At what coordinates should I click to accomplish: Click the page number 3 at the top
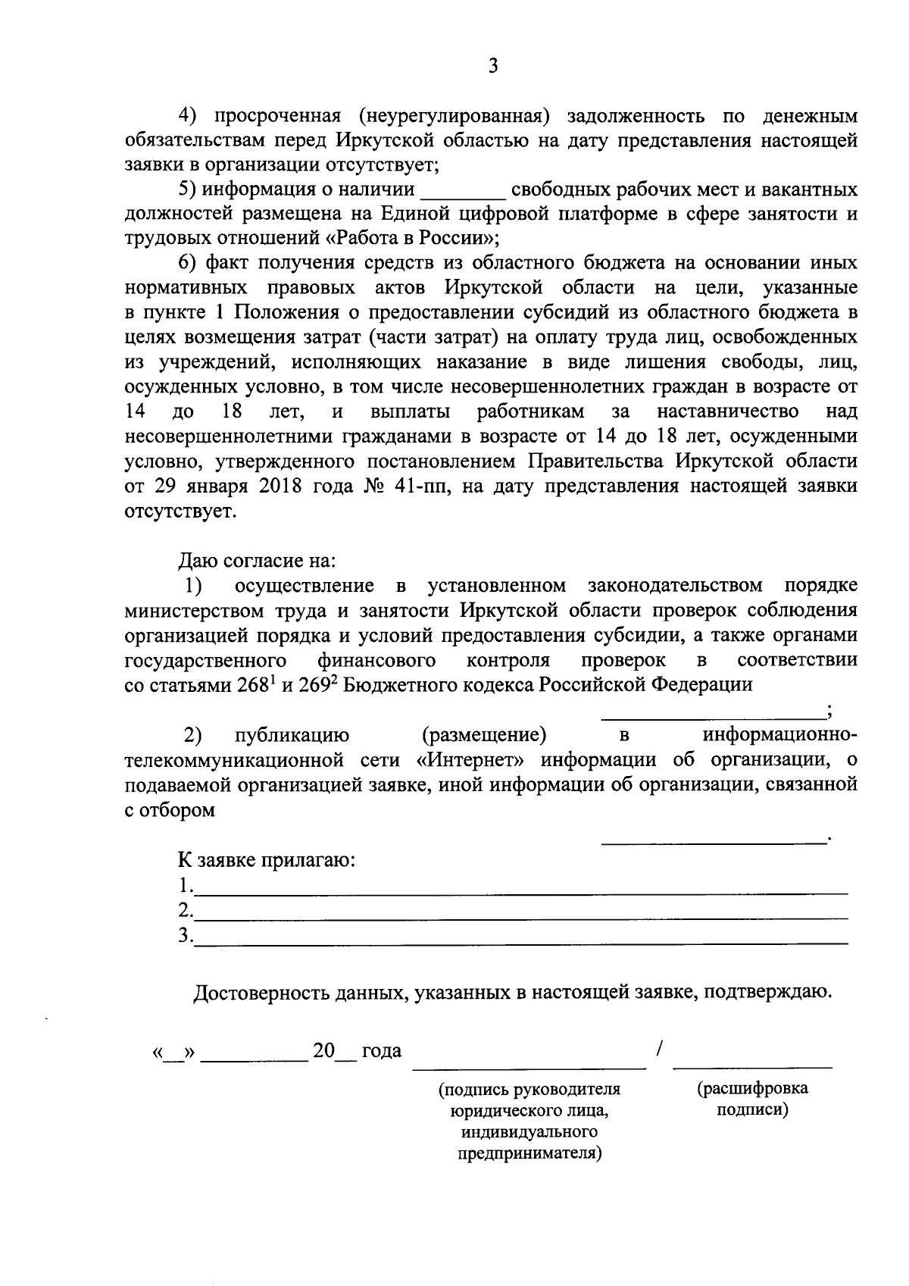pyautogui.click(x=493, y=67)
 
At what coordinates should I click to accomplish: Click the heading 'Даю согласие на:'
pyautogui.click(x=257, y=562)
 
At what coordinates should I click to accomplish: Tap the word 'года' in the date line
pyautogui.click(x=382, y=1051)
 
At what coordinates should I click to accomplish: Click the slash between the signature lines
pyautogui.click(x=660, y=1050)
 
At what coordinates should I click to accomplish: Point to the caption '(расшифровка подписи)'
pyautogui.click(x=752, y=1099)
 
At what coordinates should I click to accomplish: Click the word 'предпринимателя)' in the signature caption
pyautogui.click(x=529, y=1154)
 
